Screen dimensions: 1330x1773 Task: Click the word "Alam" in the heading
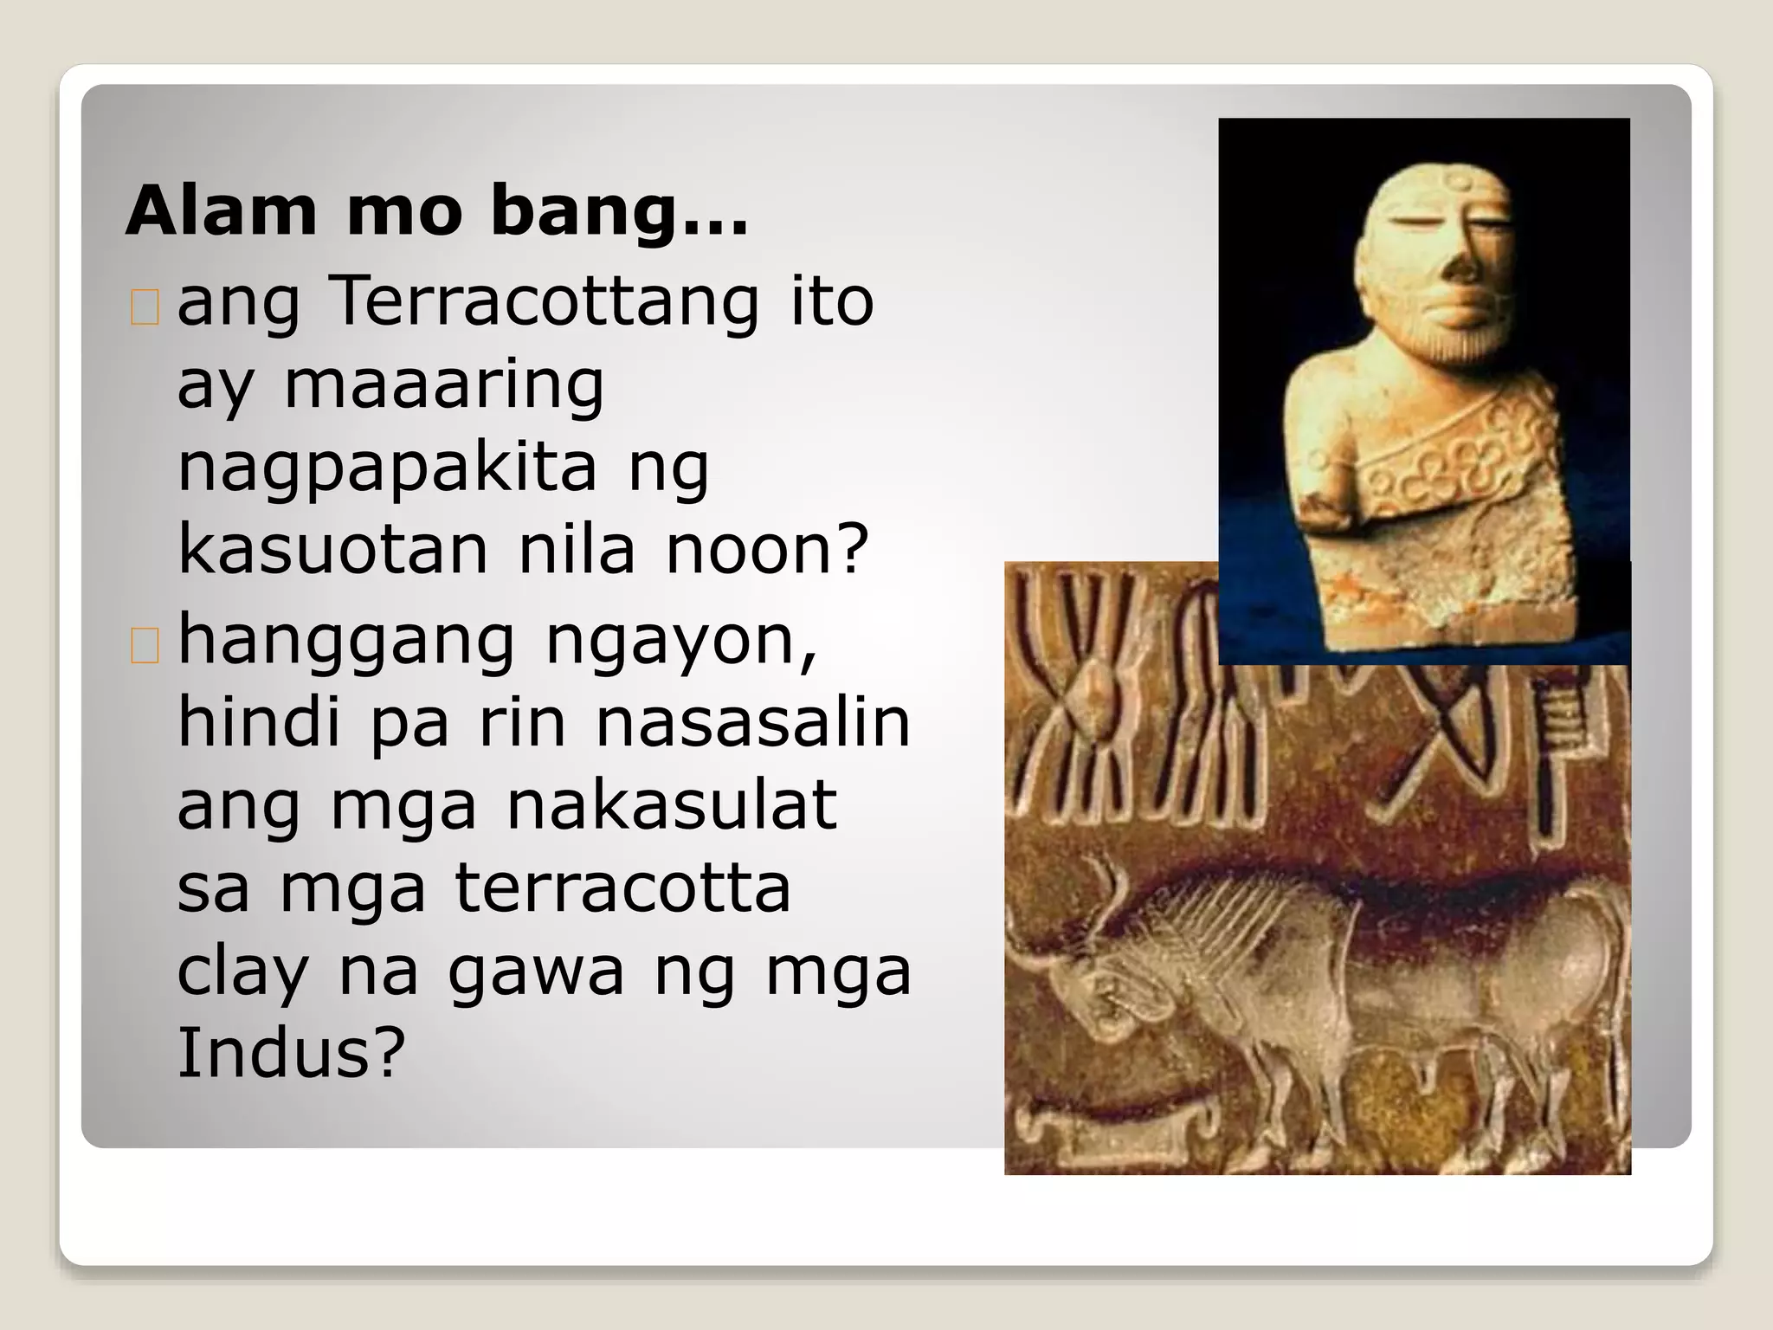point(222,211)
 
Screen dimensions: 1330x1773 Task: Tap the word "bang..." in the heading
point(618,213)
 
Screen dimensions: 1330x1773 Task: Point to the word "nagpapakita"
point(387,468)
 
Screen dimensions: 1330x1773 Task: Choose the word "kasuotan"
point(332,549)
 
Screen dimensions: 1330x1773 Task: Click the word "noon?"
point(767,549)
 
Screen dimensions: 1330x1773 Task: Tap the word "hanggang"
point(346,642)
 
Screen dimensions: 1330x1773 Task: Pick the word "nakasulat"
point(672,805)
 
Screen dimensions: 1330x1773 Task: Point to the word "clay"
point(242,972)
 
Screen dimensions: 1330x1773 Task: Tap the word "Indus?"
point(291,1053)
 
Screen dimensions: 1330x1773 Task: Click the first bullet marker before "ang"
point(145,307)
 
